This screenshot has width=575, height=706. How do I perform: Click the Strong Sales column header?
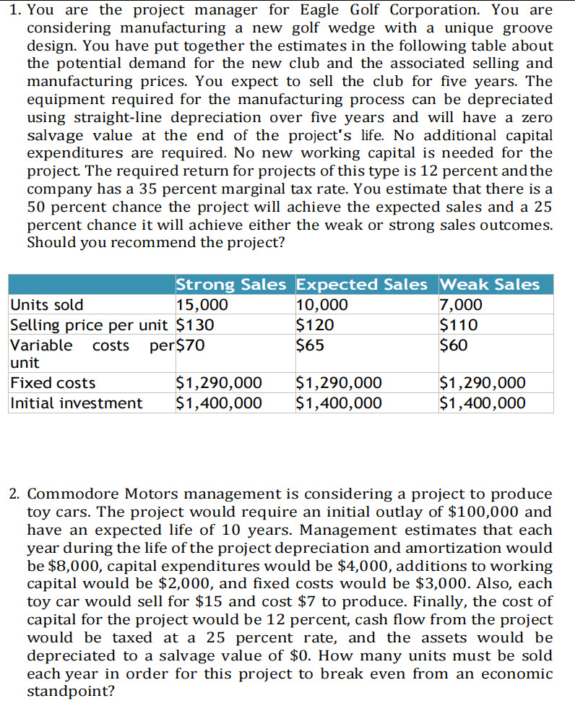tap(231, 284)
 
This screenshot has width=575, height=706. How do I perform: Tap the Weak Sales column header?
tap(489, 284)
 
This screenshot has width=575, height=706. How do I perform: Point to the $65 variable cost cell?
tap(311, 345)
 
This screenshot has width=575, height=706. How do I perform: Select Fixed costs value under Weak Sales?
tap(483, 382)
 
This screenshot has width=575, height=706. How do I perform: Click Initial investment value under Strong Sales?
tap(219, 402)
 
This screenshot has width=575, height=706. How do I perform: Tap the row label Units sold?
tap(48, 305)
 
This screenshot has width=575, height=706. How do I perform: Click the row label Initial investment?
tap(77, 402)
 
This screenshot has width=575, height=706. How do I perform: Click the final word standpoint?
tap(70, 691)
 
